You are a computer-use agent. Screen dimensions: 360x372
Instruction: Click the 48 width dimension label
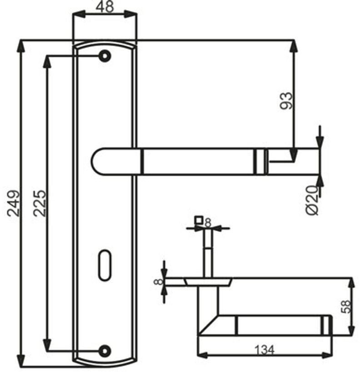pyautogui.click(x=105, y=7)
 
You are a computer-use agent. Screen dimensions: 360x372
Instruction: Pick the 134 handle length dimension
pyautogui.click(x=264, y=350)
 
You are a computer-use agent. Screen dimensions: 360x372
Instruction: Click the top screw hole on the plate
pyautogui.click(x=105, y=56)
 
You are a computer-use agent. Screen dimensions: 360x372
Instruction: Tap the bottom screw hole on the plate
pyautogui.click(x=105, y=350)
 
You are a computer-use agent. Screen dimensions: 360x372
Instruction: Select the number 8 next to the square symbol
pyautogui.click(x=208, y=222)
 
